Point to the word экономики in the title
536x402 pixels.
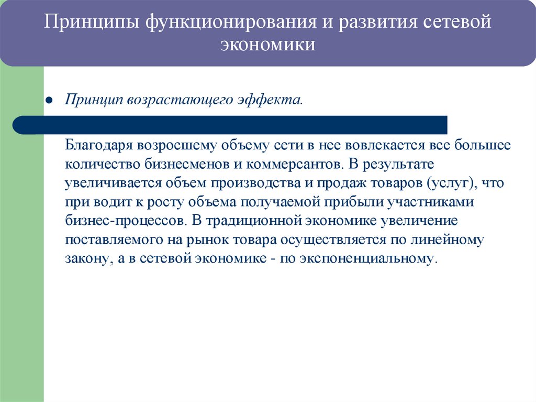[267, 46]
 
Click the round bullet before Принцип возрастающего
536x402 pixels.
[49, 100]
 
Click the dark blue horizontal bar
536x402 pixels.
[230, 125]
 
